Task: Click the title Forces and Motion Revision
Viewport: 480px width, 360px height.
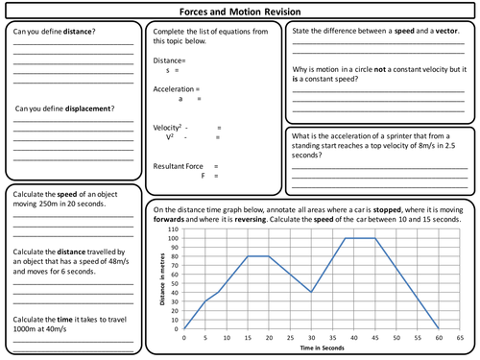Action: coord(239,11)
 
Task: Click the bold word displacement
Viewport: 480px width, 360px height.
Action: coord(82,108)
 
